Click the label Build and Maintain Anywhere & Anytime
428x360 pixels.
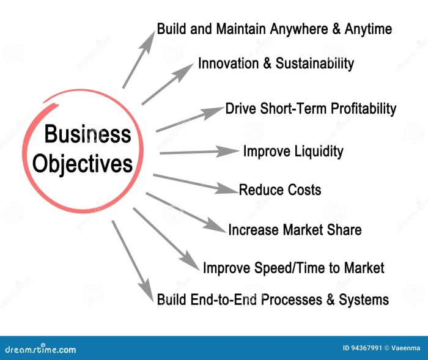click(274, 29)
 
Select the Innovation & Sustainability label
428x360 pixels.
click(276, 63)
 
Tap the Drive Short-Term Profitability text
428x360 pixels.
click(311, 109)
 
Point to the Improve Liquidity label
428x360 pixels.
click(293, 151)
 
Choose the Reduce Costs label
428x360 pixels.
click(279, 190)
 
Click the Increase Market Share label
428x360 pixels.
click(295, 230)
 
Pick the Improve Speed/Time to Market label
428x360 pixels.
click(293, 268)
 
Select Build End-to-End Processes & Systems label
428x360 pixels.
click(273, 299)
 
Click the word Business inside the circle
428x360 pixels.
click(87, 134)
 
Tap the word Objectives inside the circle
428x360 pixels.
click(83, 163)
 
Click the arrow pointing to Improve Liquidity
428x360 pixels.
click(199, 151)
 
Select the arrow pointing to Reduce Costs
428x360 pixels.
click(196, 184)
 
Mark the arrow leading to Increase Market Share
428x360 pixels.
click(186, 213)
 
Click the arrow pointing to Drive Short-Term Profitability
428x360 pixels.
click(190, 120)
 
